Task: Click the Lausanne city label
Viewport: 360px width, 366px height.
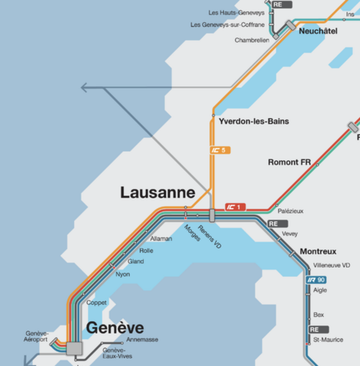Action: [158, 193]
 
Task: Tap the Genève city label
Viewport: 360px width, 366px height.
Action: [115, 328]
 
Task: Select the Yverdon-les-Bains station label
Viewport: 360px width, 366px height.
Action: [253, 122]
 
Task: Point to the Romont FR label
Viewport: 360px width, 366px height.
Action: [289, 163]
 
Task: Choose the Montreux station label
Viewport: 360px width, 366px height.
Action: [318, 252]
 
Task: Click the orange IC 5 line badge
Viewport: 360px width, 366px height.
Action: [219, 150]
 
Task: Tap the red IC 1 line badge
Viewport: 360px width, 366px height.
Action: [235, 207]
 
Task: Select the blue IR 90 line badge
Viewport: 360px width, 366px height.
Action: [317, 279]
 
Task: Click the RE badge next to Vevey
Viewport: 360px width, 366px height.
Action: [274, 224]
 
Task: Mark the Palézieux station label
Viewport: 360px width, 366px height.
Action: [291, 211]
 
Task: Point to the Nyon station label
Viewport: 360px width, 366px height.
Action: [123, 274]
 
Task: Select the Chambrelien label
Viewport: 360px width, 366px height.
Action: [252, 40]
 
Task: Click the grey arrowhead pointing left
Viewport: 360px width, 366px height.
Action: [86, 88]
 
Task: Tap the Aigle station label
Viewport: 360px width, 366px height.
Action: [320, 290]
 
